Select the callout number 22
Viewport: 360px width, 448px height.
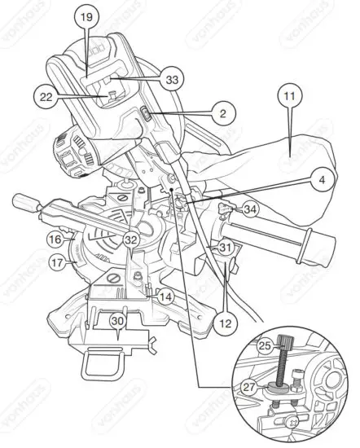[x=46, y=96]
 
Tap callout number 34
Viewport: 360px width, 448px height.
[x=250, y=210]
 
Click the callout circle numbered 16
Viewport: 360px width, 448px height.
[x=55, y=239]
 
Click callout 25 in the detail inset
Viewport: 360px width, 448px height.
[x=263, y=345]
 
